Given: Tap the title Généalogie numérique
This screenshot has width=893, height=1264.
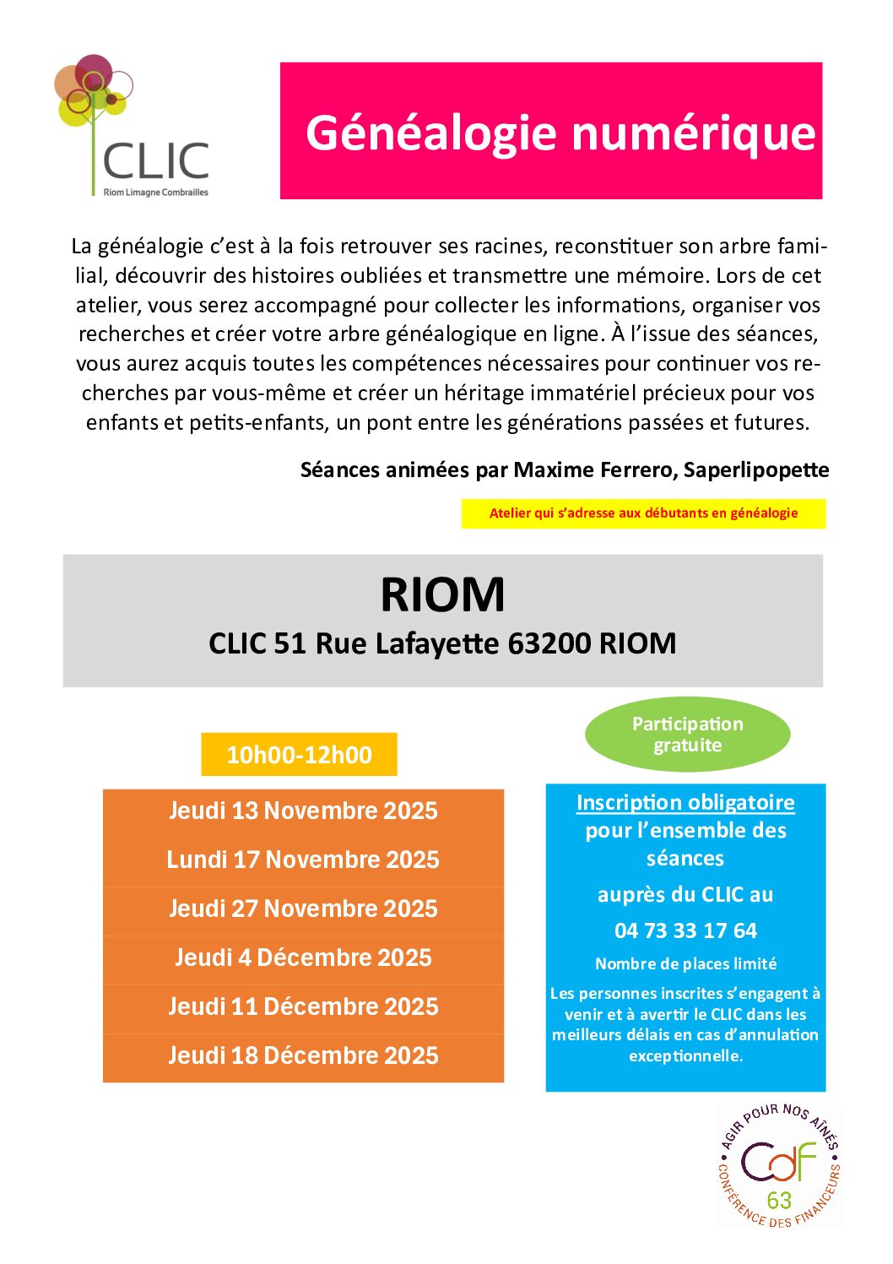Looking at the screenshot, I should pyautogui.click(x=560, y=133).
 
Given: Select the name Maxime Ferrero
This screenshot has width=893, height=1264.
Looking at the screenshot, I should pyautogui.click(x=594, y=470).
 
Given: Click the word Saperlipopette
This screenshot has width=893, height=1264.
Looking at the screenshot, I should pyautogui.click(x=755, y=470).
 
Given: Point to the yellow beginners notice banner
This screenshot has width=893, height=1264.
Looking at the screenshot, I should pyautogui.click(x=643, y=513).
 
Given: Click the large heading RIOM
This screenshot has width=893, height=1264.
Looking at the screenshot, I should pyautogui.click(x=442, y=595).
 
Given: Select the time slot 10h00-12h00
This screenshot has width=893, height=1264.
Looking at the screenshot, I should pyautogui.click(x=299, y=754).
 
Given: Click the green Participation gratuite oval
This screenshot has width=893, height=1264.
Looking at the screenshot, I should pyautogui.click(x=687, y=735).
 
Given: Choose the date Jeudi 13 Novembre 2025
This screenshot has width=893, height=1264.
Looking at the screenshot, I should pyautogui.click(x=303, y=811).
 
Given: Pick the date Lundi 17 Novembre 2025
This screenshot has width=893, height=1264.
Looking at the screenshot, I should pyautogui.click(x=303, y=860).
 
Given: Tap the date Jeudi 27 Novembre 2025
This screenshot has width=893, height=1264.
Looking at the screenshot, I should pyautogui.click(x=303, y=909).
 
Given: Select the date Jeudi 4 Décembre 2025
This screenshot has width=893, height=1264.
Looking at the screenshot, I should pyautogui.click(x=303, y=958).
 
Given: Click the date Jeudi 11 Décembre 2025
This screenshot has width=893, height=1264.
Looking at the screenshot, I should pyautogui.click(x=303, y=1007).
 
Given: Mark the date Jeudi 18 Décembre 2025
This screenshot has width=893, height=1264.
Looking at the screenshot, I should pyautogui.click(x=303, y=1056).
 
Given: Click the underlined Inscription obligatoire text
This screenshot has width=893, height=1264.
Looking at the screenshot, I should pyautogui.click(x=685, y=803).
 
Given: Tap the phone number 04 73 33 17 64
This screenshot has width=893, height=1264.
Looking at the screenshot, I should pyautogui.click(x=685, y=931).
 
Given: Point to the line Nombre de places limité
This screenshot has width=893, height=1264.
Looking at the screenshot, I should pyautogui.click(x=685, y=964).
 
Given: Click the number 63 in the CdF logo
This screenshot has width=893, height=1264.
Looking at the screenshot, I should pyautogui.click(x=779, y=1200).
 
